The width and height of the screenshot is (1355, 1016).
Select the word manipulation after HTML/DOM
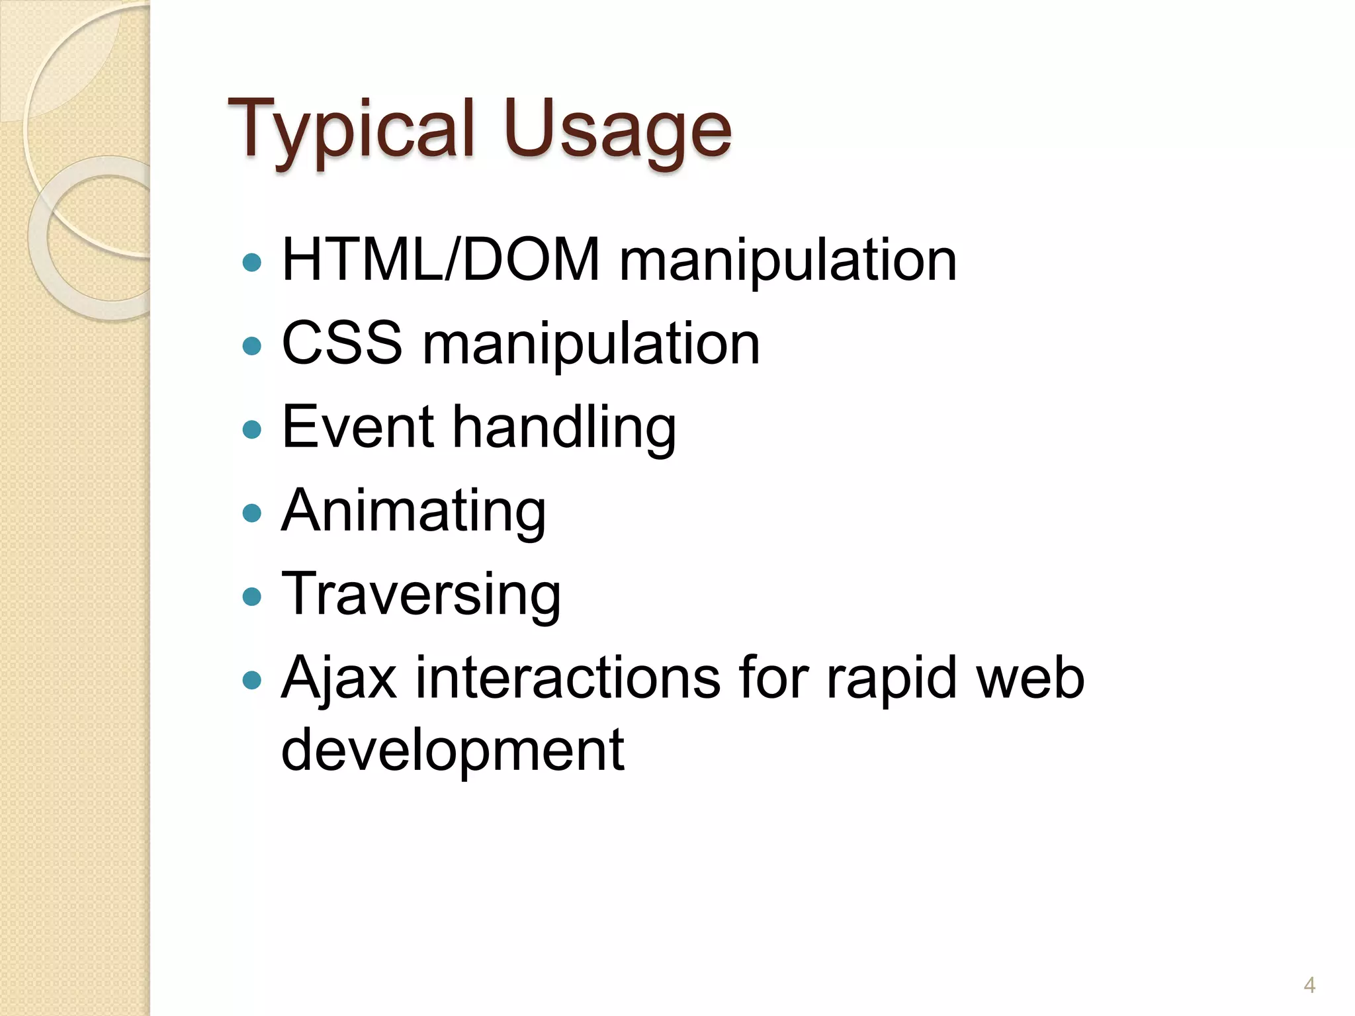click(x=787, y=261)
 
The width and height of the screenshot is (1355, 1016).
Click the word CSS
click(x=341, y=343)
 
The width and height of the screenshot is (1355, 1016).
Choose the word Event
click(x=358, y=427)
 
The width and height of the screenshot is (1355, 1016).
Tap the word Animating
click(x=414, y=511)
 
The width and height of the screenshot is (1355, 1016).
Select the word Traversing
click(x=421, y=595)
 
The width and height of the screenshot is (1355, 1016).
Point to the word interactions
click(x=568, y=677)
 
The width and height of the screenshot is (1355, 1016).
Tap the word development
click(x=453, y=751)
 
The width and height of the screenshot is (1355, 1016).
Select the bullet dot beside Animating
click(x=252, y=513)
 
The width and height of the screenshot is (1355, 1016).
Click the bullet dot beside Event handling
click(x=252, y=429)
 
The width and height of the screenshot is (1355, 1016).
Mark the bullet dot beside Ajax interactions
click(x=252, y=679)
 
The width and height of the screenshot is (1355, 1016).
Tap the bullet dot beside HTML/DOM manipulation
click(x=252, y=263)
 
